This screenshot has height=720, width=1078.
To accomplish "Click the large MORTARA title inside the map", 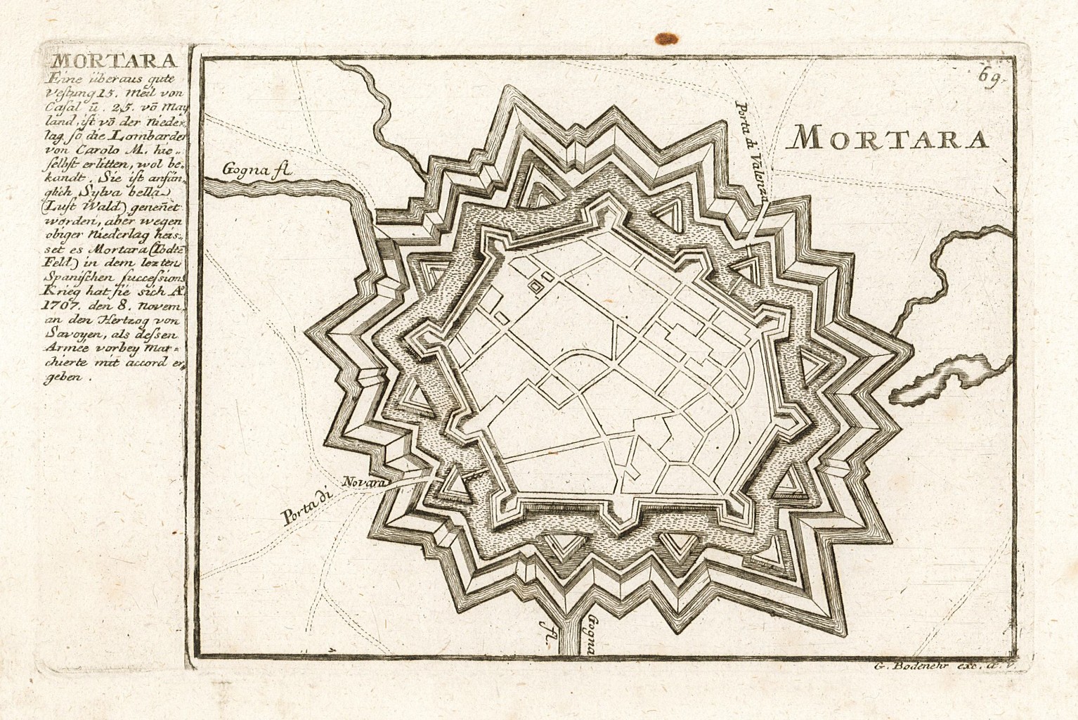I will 888,139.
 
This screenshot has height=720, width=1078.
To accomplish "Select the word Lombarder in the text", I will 147,129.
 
